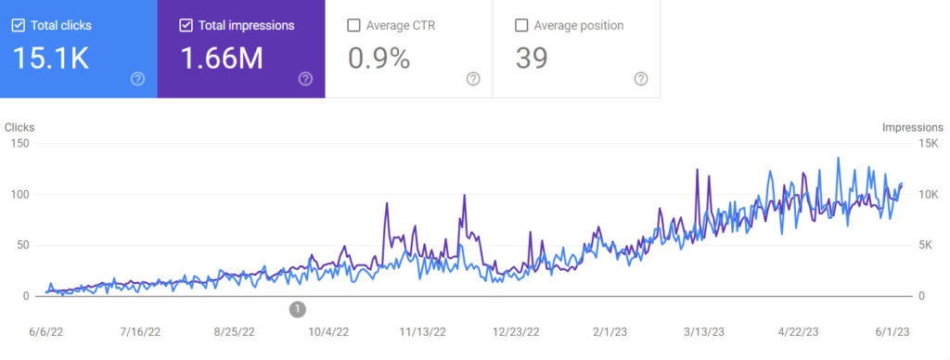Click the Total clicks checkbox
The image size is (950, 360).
[19, 25]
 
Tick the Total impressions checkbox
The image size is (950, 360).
[186, 25]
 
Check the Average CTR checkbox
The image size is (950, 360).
[353, 25]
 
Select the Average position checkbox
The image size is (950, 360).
[520, 25]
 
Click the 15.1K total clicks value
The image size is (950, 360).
[51, 58]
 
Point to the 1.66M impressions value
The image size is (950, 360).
[221, 58]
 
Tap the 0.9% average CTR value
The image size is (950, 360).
[379, 58]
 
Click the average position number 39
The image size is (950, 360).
[532, 58]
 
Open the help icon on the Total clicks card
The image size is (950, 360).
[138, 79]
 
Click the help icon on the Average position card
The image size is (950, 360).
[640, 79]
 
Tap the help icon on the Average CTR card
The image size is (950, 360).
[473, 79]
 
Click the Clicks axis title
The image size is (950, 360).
[19, 127]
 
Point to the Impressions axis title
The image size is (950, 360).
[912, 127]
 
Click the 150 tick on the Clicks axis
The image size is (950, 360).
[19, 144]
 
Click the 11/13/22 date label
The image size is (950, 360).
[422, 331]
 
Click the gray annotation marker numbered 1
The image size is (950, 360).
[297, 308]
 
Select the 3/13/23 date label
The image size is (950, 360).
[704, 331]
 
